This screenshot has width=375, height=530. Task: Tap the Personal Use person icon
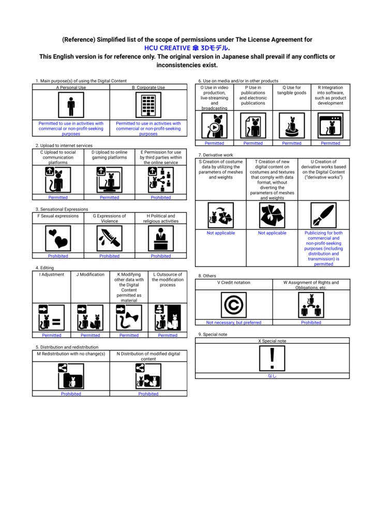pos(71,105)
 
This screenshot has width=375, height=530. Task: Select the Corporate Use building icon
pos(148,105)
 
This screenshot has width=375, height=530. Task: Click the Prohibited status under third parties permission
pos(161,197)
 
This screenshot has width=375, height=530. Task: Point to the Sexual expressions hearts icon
pos(58,238)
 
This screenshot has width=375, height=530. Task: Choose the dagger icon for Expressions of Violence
pos(110,238)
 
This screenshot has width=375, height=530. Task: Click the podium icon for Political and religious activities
pos(161,238)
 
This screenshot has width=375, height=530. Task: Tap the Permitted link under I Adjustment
pos(52,335)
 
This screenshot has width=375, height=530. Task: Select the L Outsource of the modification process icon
pos(168,318)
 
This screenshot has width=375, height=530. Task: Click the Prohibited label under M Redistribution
pos(71,394)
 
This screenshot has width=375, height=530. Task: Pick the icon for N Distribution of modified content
pos(148,376)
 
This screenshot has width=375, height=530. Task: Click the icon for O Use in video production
pos(215,125)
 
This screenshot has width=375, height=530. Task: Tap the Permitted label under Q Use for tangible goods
pos(292,143)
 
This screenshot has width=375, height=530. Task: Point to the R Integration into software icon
pos(331,125)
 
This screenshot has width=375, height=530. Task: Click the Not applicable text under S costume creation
pos(221,233)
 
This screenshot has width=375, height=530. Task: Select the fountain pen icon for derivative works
pos(324,215)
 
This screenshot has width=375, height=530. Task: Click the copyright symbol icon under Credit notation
pos(234,305)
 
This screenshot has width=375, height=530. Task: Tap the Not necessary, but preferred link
pos(234,322)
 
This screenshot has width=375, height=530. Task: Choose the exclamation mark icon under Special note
pos(272,358)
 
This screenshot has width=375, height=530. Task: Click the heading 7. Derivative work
pos(216,155)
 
